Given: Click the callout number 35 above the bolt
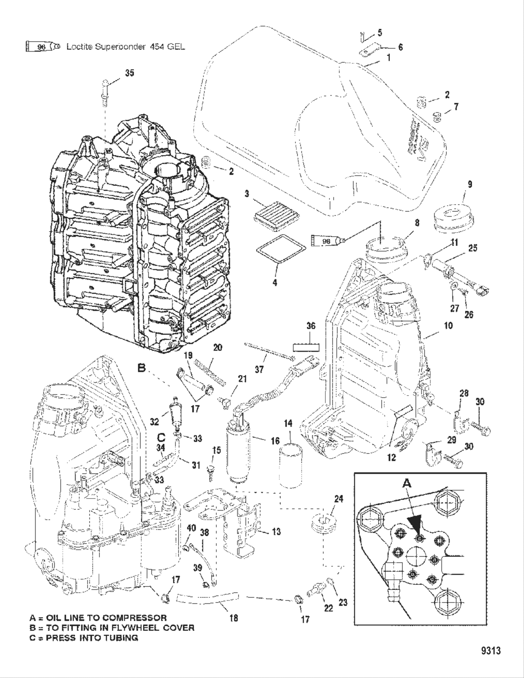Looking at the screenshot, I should click(x=130, y=73).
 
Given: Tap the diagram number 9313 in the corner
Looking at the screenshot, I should click(x=491, y=651).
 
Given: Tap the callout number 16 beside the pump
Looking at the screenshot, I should click(x=275, y=441).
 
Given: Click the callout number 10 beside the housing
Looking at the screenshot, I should click(x=448, y=325).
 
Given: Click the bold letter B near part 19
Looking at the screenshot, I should click(x=141, y=368).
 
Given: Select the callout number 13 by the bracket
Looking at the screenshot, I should click(x=276, y=531).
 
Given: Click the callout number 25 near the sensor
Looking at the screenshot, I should click(x=473, y=248).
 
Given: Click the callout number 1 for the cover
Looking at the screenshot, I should click(x=388, y=58).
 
